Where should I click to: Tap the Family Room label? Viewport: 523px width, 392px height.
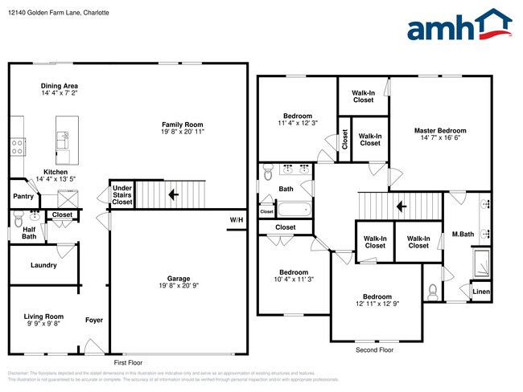[x=183, y=124]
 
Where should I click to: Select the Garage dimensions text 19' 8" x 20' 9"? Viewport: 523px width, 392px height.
[x=183, y=285]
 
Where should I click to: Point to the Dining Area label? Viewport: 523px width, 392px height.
[x=60, y=86]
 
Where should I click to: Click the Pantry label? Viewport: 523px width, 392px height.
[x=23, y=196]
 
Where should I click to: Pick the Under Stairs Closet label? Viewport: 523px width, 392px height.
[x=121, y=195]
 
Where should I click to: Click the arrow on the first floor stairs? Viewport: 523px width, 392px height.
[x=172, y=194]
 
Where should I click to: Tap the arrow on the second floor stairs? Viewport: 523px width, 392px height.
[x=401, y=206]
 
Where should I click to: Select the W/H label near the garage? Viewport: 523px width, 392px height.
[x=236, y=220]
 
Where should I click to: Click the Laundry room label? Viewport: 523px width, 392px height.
[x=43, y=265]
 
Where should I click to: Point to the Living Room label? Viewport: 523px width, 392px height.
[x=43, y=316]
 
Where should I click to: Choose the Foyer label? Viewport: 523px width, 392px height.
[x=94, y=320]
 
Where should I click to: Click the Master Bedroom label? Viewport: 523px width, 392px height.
[x=440, y=130]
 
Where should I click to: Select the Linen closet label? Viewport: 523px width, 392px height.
[x=480, y=292]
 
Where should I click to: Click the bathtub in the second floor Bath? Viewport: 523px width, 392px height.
[x=294, y=210]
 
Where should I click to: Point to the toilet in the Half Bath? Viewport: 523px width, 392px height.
[x=17, y=217]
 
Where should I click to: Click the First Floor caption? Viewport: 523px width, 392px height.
[x=129, y=363]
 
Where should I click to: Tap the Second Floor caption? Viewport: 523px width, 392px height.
[x=375, y=351]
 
